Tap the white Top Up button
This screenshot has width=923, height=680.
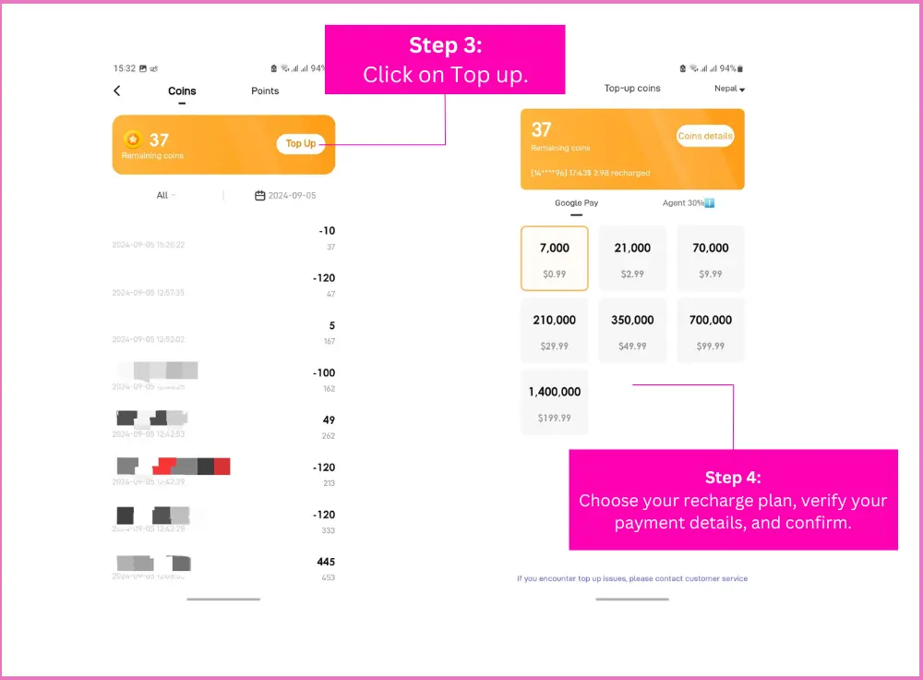(301, 143)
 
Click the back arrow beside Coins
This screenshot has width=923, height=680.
(117, 91)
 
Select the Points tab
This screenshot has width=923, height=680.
(265, 91)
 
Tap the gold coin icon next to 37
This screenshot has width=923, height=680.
(133, 140)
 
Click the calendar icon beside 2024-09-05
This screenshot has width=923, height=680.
(260, 196)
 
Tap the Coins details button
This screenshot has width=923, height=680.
(705, 136)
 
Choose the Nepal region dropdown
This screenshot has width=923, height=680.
(729, 89)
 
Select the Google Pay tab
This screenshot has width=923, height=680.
(576, 203)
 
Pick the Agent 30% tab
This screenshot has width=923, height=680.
(689, 203)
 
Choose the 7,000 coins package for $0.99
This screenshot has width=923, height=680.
(555, 259)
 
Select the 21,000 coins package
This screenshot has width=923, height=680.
(632, 259)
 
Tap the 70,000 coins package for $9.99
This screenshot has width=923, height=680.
(711, 259)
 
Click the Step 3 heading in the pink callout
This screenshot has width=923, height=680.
(445, 45)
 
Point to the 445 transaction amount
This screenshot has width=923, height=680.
(325, 562)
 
